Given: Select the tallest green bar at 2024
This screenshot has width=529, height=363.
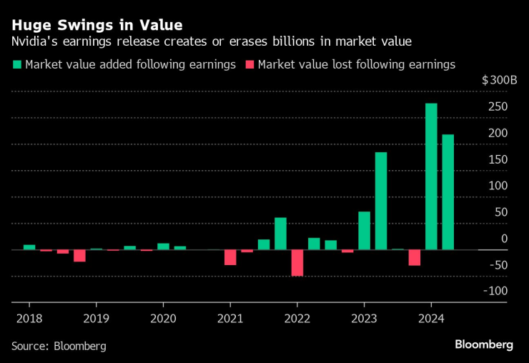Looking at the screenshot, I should pos(431,176).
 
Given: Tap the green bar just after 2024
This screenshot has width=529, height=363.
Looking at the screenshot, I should pos(448,192).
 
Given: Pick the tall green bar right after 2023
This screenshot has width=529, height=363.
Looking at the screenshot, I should pos(381,201).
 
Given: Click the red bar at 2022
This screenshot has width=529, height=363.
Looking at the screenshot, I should pos(297,262).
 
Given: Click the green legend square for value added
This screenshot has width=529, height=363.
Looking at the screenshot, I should pos(16,65).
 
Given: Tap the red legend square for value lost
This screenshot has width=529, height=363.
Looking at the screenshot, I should pos(249,65).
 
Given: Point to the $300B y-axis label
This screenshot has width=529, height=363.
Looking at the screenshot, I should pos(499,80).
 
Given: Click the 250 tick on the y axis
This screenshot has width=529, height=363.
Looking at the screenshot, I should pos(498,107).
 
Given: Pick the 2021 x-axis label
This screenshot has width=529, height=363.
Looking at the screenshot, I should pos(229,317).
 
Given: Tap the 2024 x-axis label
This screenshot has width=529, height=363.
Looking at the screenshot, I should pos(431,317).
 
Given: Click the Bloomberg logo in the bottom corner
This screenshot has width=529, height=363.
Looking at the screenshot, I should pos(484,344).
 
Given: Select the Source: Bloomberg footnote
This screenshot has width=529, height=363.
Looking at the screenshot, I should pos(59,346).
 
